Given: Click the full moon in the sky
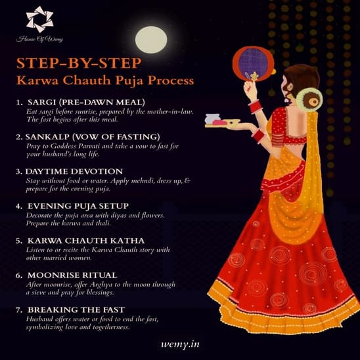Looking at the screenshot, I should click(x=151, y=39).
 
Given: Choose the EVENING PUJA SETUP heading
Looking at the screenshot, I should click(x=83, y=206).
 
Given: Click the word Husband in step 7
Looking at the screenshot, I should click(x=41, y=319).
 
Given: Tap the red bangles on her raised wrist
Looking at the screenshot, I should click(x=253, y=105).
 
